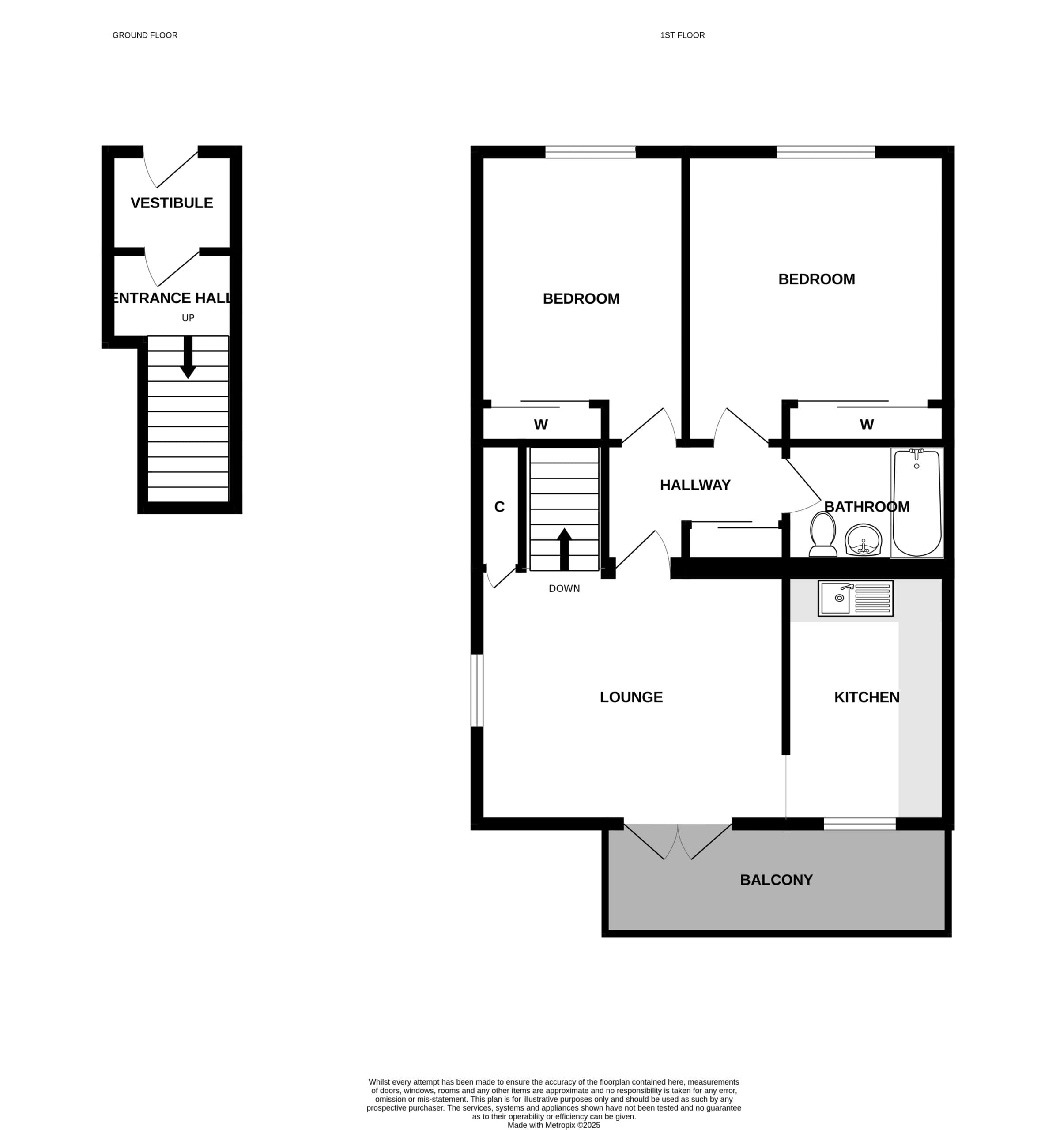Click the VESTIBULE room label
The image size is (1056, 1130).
[x=172, y=203]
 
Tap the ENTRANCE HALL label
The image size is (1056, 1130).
[x=172, y=298]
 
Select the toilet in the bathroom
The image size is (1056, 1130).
[x=822, y=534]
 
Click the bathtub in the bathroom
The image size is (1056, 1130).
[x=916, y=502]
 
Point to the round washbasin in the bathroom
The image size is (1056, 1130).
[x=863, y=539]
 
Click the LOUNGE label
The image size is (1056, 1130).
[x=631, y=697]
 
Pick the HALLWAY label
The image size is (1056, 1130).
[x=694, y=485]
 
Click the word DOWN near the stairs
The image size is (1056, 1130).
[x=564, y=588]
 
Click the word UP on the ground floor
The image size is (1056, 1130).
[x=188, y=318]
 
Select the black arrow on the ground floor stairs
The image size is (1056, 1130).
[x=188, y=357]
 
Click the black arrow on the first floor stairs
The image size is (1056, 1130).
[x=564, y=549]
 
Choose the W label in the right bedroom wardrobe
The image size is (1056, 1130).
[x=866, y=425]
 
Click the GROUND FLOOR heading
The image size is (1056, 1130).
[x=145, y=35]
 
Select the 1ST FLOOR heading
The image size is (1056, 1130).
[x=682, y=35]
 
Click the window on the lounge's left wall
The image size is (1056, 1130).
[x=477, y=690]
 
